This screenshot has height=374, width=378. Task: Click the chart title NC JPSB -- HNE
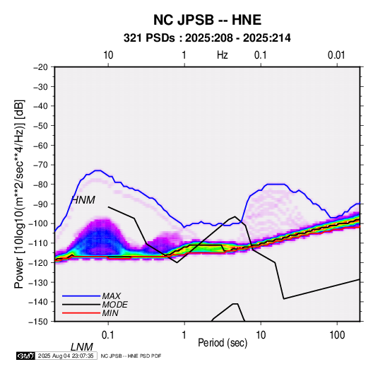[207, 20]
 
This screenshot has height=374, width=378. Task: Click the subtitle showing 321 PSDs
[207, 38]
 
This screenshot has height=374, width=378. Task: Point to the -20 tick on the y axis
[40, 67]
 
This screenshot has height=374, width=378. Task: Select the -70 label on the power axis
[40, 165]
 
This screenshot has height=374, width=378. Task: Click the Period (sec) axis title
[223, 343]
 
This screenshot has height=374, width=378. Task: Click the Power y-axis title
[19, 194]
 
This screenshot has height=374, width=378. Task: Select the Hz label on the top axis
[222, 55]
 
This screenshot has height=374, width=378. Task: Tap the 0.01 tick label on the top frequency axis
[336, 55]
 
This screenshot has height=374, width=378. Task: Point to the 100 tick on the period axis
[337, 335]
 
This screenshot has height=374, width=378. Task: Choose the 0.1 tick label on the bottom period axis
[108, 335]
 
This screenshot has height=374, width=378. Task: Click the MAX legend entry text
[112, 296]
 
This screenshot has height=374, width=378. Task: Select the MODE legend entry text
[114, 305]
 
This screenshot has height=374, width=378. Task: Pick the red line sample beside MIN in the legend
[81, 313]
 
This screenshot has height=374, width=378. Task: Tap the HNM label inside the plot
[83, 200]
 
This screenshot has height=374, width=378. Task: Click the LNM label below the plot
[82, 347]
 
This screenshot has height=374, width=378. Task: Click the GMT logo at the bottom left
[25, 356]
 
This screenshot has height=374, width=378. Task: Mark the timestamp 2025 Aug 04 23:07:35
[66, 356]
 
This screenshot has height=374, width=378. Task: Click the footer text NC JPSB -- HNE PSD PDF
[131, 356]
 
